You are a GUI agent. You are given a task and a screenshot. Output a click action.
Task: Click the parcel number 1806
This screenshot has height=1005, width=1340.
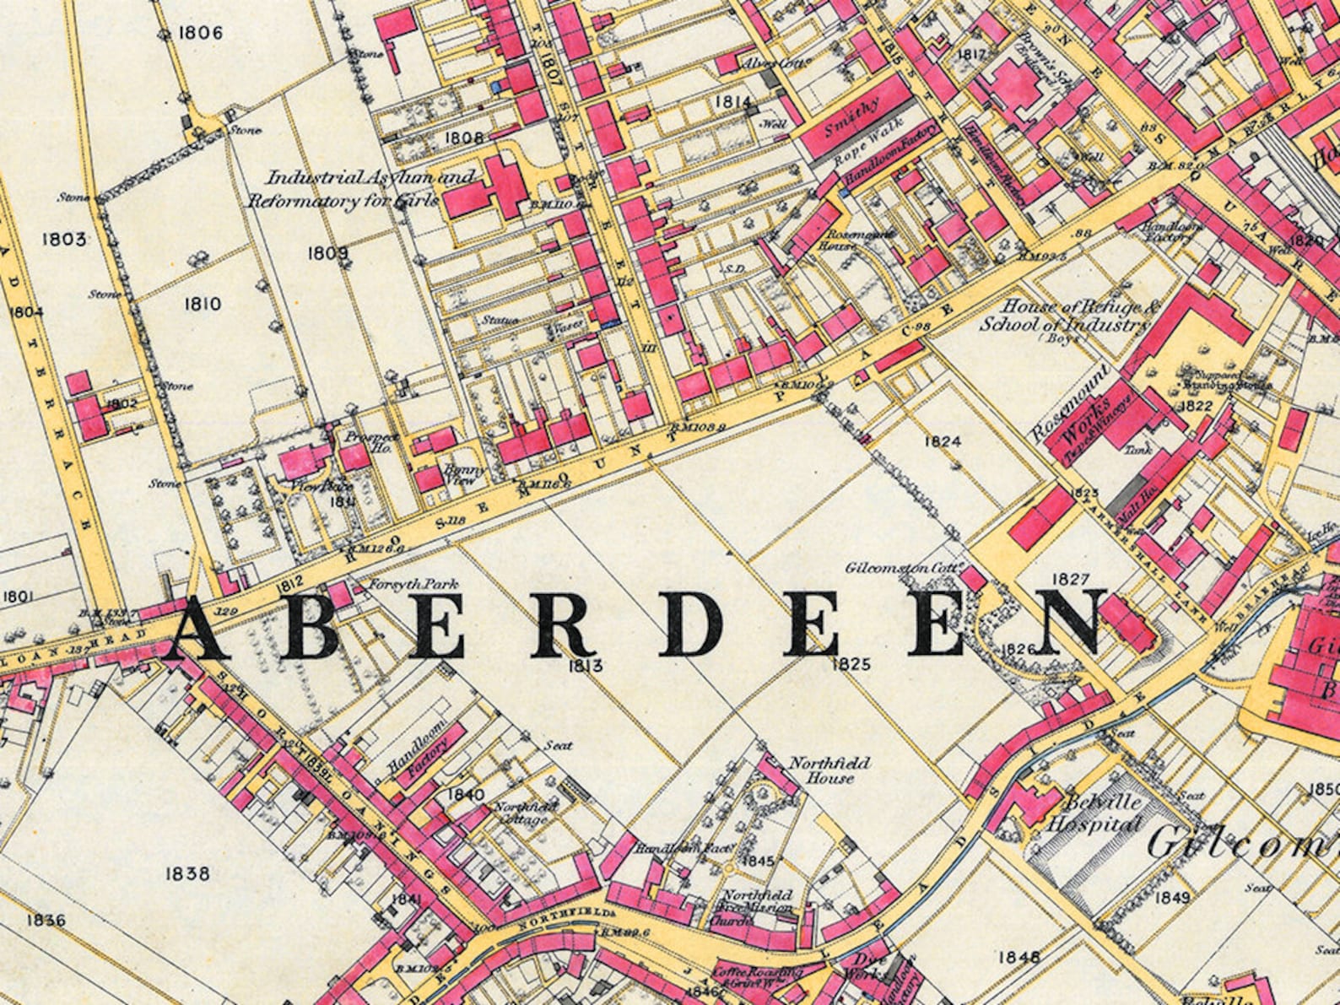pos(200,33)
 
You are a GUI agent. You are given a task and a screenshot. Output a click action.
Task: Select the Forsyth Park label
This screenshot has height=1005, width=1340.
pos(399,583)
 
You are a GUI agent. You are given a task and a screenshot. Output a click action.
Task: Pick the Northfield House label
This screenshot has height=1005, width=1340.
pos(828,770)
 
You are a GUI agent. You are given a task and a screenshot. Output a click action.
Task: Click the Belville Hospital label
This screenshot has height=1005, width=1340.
pos(1094,813)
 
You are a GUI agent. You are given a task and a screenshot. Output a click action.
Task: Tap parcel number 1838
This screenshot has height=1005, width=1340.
pos(187,873)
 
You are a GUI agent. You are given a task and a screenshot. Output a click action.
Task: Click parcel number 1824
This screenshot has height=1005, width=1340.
pos(943,441)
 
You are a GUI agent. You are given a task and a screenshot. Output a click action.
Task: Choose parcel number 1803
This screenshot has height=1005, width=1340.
pos(63,240)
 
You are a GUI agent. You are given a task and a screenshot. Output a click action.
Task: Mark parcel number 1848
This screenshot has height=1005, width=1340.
pos(1019,957)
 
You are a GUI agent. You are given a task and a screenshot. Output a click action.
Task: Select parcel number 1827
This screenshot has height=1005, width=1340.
pos(1071,579)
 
